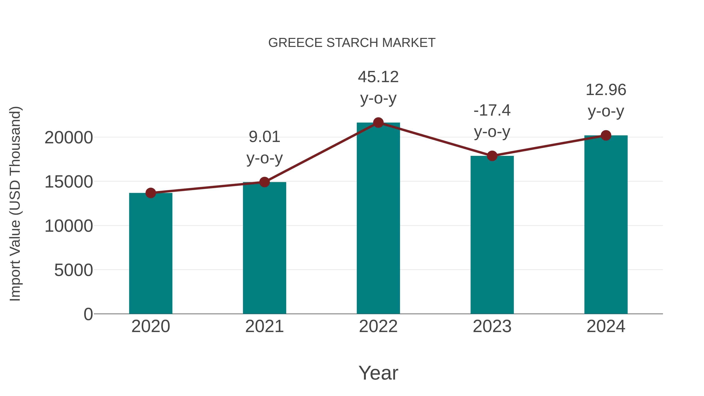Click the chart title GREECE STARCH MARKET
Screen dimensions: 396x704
click(x=352, y=43)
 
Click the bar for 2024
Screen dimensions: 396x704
click(x=606, y=224)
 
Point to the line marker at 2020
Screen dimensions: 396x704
click(x=151, y=193)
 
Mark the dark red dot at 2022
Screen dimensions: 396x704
click(x=378, y=123)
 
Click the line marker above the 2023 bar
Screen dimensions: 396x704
click(x=492, y=156)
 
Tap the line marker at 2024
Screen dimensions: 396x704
click(x=606, y=135)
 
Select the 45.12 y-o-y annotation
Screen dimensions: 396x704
click(x=378, y=87)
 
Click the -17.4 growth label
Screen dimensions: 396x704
click(x=492, y=121)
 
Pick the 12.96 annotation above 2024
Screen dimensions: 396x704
click(x=606, y=100)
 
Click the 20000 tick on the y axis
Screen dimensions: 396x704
click(x=69, y=137)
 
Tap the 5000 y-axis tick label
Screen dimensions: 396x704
click(x=74, y=270)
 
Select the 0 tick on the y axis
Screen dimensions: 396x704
click(x=88, y=314)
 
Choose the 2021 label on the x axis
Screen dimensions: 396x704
click(x=264, y=326)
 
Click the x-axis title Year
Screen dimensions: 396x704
click(x=378, y=373)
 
